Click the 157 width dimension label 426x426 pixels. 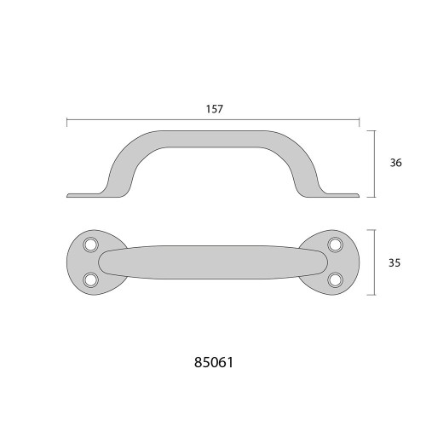tap(215, 109)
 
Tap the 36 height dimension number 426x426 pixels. tap(395, 163)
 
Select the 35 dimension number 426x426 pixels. tap(394, 263)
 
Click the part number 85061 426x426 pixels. tap(214, 362)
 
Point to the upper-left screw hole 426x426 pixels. tap(90, 245)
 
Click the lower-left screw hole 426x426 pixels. tap(90, 279)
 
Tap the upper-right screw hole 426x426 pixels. tap(335, 245)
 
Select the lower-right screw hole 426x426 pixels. tap(335, 279)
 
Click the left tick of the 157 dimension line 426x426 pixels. tap(66, 123)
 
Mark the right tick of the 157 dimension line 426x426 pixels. tap(360, 123)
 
